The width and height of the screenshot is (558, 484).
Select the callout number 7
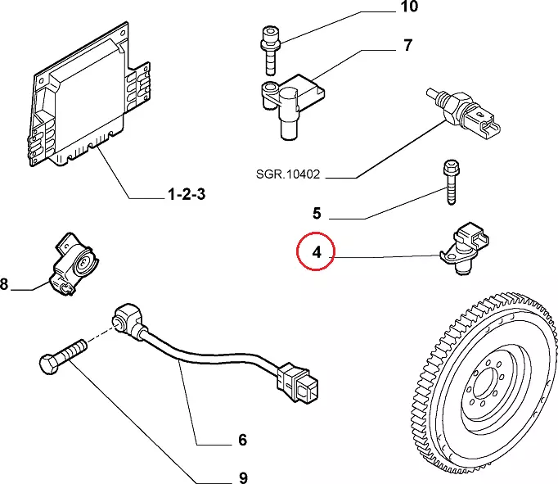click(407, 46)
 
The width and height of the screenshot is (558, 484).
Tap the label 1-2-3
click(187, 195)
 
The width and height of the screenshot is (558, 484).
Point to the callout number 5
click(317, 215)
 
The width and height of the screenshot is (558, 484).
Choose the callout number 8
click(4, 285)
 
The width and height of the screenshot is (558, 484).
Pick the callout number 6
click(242, 441)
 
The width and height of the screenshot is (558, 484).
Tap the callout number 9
click(242, 477)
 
